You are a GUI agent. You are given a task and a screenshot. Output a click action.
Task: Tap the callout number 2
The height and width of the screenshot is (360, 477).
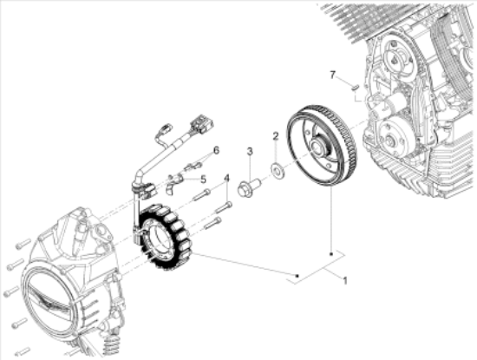(276, 137)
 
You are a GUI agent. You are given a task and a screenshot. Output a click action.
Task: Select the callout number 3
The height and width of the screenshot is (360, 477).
(249, 152)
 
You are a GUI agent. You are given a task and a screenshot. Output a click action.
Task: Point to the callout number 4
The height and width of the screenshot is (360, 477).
(226, 180)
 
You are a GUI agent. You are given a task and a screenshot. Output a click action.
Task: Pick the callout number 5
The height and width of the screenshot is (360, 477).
(204, 180)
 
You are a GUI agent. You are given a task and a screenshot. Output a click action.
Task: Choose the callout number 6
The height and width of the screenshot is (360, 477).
(216, 150)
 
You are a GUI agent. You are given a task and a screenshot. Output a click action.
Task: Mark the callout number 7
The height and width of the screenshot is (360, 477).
(331, 75)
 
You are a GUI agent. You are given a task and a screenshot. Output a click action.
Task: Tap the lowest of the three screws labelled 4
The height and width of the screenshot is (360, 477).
(212, 223)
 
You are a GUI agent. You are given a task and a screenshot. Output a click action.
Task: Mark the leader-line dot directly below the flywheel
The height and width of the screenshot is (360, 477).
(331, 252)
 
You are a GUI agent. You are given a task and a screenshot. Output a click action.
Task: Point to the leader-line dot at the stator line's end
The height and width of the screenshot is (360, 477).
(297, 277)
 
